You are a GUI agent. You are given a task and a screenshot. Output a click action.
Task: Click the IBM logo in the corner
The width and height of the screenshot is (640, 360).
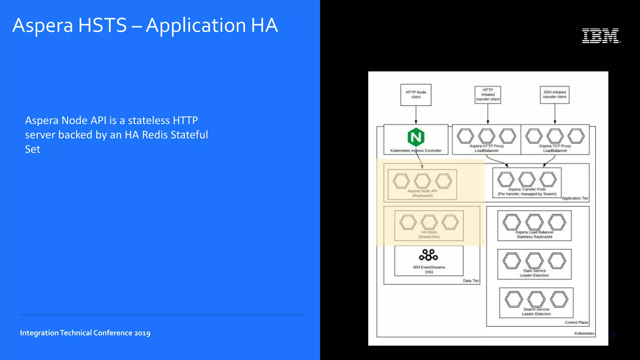tap(601, 36)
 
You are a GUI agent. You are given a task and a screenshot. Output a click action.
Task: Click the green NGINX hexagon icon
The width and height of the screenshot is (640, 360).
tap(416, 137)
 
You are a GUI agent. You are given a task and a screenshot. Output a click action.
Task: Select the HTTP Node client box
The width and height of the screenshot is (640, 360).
tap(416, 95)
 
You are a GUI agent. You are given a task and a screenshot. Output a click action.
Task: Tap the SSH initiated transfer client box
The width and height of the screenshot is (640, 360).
tap(555, 95)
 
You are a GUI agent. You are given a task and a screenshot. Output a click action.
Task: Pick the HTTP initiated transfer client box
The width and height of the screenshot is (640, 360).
tap(488, 95)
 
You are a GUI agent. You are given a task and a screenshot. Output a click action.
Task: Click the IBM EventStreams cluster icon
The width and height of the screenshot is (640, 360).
tap(428, 255)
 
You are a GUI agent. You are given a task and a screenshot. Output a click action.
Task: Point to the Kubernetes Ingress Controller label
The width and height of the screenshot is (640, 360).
tap(416, 151)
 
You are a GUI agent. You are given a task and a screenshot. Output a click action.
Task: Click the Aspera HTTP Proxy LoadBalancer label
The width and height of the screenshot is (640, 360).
tap(487, 148)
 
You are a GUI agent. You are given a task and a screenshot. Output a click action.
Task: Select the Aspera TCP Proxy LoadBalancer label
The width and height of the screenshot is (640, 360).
tap(555, 148)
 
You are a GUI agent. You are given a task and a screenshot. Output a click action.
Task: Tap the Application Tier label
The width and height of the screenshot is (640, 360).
tap(575, 198)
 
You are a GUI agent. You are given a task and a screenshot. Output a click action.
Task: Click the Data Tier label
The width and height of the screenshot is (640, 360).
tap(471, 281)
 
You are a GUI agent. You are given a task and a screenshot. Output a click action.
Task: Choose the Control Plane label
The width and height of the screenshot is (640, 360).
tap(576, 322)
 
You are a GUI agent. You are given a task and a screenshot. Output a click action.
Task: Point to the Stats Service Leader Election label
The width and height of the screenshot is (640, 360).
tap(534, 273)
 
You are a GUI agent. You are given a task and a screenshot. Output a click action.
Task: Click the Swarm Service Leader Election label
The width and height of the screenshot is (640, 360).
tap(536, 312)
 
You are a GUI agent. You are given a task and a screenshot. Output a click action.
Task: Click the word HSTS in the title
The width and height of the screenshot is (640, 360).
tap(102, 25)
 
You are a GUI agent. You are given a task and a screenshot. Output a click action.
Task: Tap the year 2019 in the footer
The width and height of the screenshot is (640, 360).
tap(142, 333)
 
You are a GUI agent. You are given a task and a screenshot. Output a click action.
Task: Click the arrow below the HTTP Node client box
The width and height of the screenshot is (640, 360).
tap(416, 115)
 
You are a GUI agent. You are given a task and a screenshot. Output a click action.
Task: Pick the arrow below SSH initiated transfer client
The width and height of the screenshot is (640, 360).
tap(555, 114)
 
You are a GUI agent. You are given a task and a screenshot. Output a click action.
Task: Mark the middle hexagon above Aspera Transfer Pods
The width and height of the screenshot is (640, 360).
tap(527, 179)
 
